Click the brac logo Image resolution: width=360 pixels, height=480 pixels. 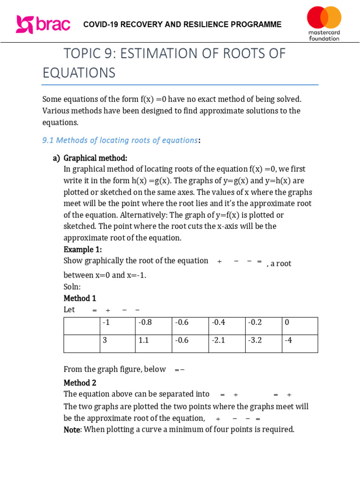click(43, 24)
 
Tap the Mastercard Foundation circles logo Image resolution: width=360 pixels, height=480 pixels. click(324, 18)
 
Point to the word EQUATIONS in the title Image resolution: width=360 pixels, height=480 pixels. click(79, 73)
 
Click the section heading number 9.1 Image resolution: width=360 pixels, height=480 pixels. click(49, 140)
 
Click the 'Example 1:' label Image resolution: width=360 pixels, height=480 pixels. click(82, 249)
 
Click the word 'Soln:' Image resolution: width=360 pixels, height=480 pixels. click(72, 286)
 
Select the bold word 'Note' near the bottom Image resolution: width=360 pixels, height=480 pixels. click(72, 429)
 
